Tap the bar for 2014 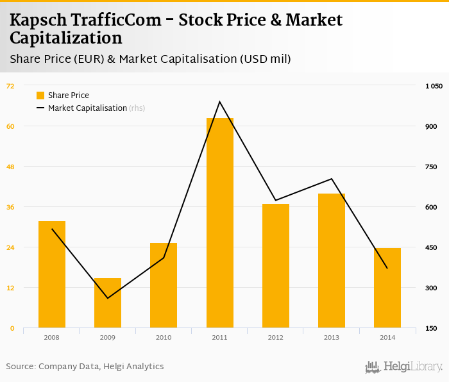coord(387,288)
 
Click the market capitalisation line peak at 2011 coord(219,101)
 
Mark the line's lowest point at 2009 coord(108,298)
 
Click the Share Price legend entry coord(68,95)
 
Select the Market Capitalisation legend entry coord(87,108)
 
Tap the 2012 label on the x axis coord(276,337)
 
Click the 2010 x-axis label coord(164,337)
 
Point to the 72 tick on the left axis coord(10,86)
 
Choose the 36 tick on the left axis coord(10,207)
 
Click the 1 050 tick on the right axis coord(434,86)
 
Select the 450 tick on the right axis coord(431,247)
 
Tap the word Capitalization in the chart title coord(65,38)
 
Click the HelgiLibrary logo coord(403,367)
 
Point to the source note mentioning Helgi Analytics coord(85,367)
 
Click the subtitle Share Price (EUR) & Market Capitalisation coord(150,60)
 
